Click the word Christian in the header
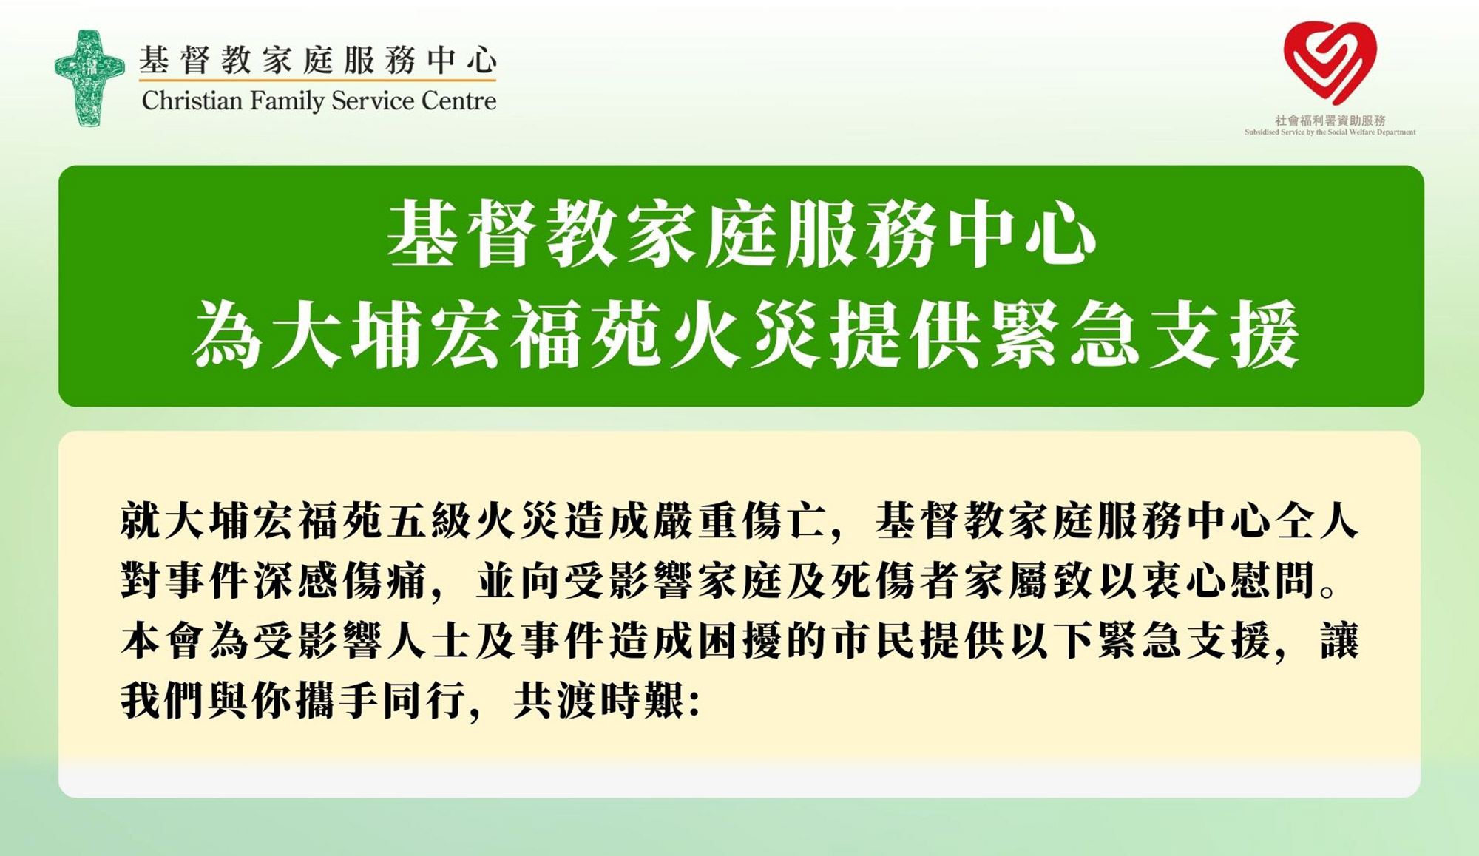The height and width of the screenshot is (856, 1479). [x=192, y=101]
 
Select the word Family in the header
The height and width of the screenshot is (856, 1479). [x=287, y=101]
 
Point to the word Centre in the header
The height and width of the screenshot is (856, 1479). [x=458, y=101]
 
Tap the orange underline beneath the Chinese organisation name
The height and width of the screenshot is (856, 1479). [x=318, y=78]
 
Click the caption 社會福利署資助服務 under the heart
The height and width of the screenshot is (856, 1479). [x=1330, y=120]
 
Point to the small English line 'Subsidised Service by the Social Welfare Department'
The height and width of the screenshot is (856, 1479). [x=1330, y=132]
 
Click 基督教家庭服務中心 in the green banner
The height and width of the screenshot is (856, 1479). [x=741, y=235]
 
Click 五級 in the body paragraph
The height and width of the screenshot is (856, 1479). [x=431, y=522]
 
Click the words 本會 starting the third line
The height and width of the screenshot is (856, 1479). [x=164, y=640]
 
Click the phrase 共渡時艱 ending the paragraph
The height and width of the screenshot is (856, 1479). [x=600, y=699]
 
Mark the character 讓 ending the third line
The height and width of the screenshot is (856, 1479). [x=1338, y=640]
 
